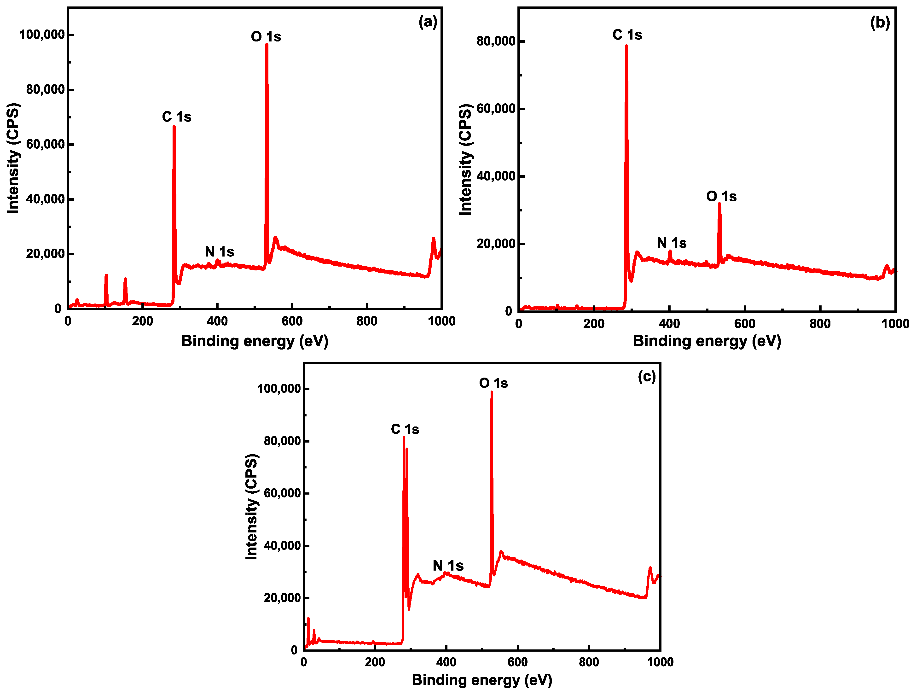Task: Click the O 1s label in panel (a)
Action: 266,37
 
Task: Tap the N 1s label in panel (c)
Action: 448,566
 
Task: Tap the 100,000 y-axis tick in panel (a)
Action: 42,35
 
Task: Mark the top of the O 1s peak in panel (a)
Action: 267,44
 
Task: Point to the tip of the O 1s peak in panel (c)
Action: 492,392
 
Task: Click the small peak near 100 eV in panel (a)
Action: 106,275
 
